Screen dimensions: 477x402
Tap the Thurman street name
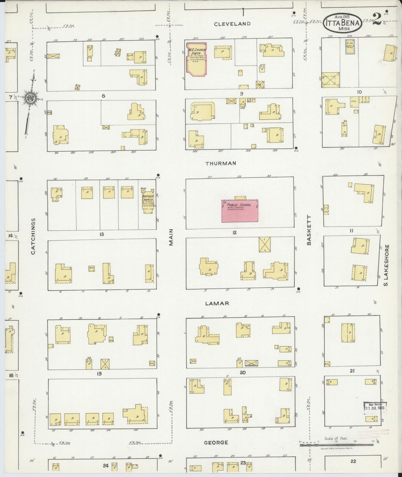pyautogui.click(x=221, y=163)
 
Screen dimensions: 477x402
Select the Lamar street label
pyautogui.click(x=217, y=303)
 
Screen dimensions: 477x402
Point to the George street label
pyautogui.click(x=216, y=442)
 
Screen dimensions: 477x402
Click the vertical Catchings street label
pyautogui.click(x=33, y=236)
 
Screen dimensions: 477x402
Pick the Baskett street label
pyautogui.click(x=309, y=230)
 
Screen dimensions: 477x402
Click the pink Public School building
pyautogui.click(x=240, y=211)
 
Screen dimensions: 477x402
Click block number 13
pyautogui.click(x=102, y=234)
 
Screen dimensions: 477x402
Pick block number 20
pyautogui.click(x=242, y=372)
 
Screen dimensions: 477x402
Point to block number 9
pyautogui.click(x=241, y=94)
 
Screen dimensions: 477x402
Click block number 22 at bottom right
pyautogui.click(x=353, y=461)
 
